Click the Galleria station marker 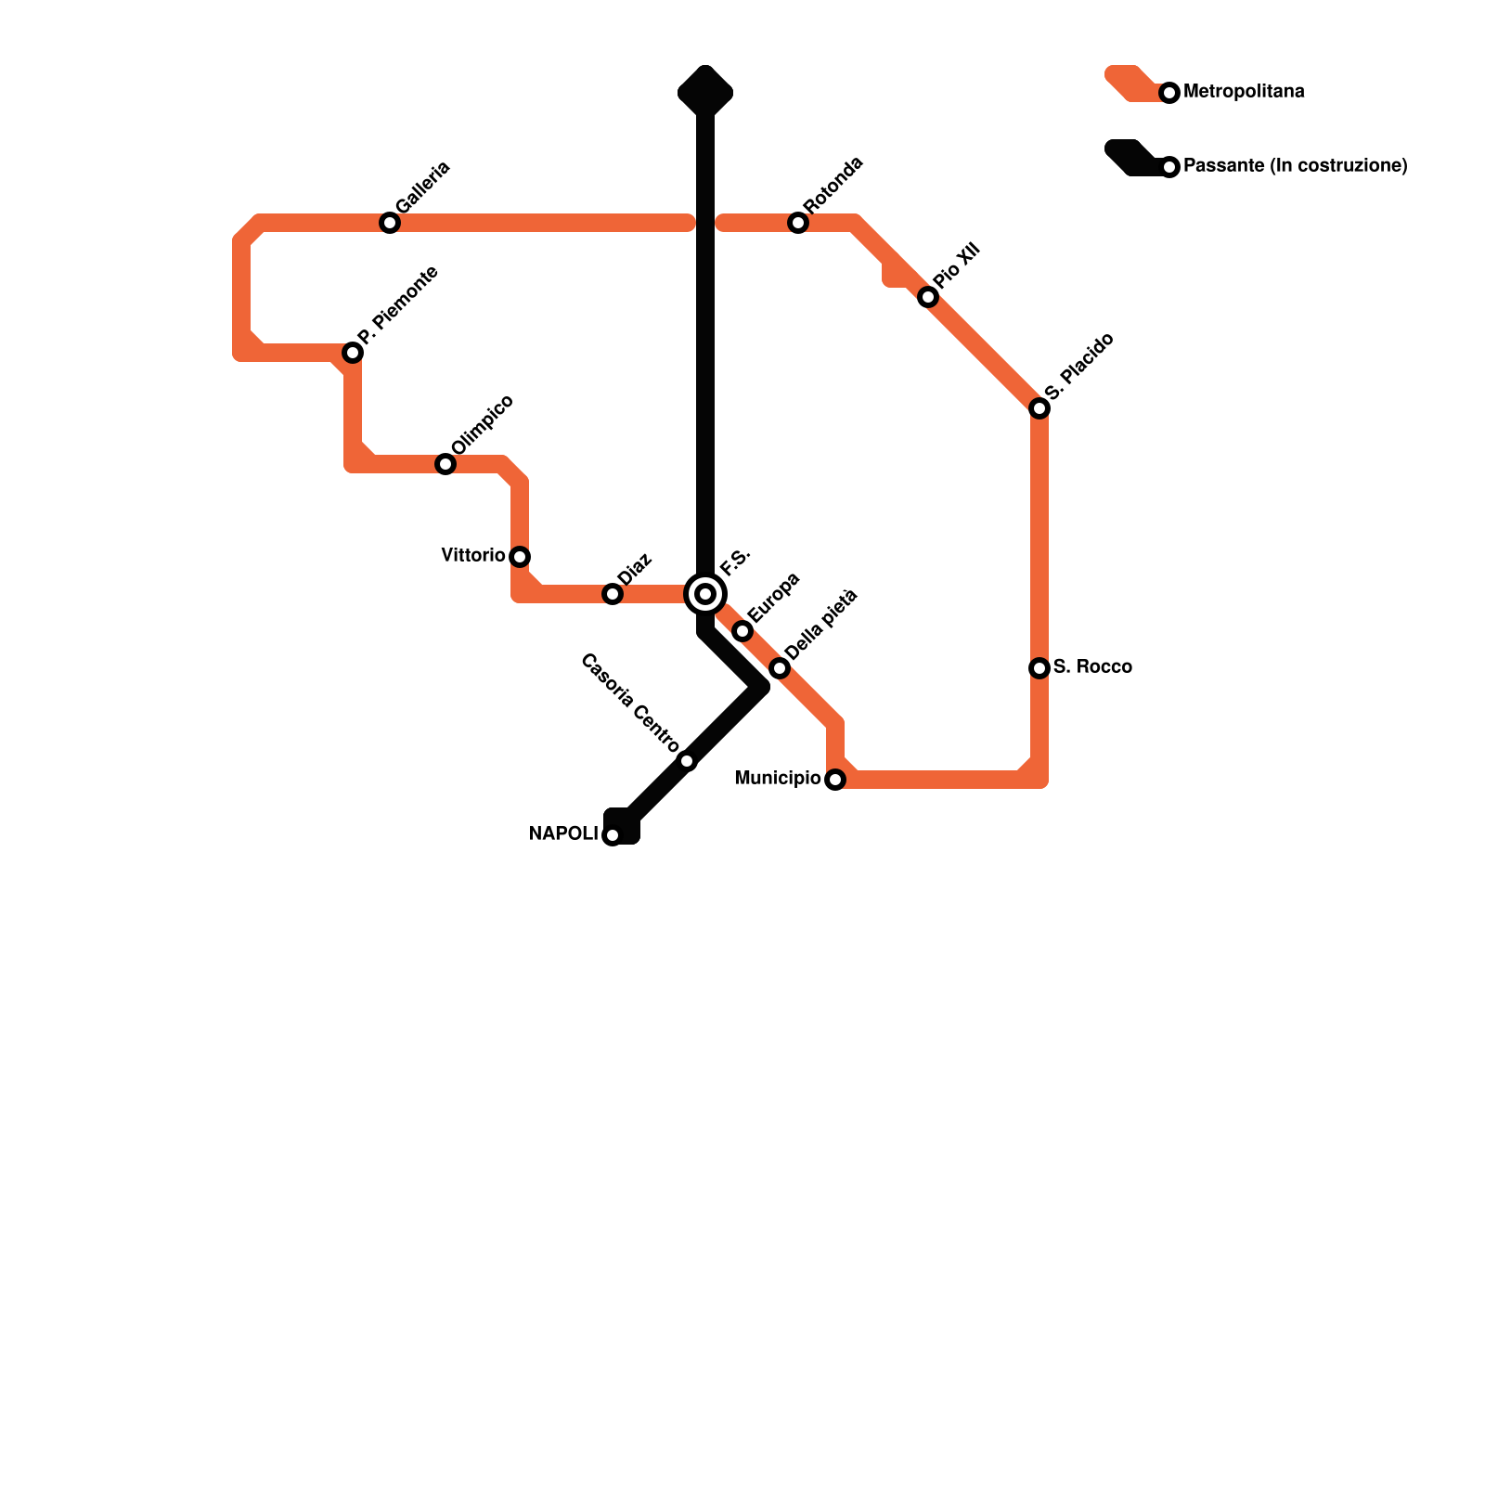(x=390, y=223)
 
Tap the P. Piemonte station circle (x=353, y=353)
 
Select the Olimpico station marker (x=445, y=464)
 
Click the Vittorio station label (x=472, y=556)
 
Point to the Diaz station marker (x=613, y=594)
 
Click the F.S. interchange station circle (x=705, y=594)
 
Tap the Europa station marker (x=742, y=631)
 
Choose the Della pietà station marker (x=780, y=668)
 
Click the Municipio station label (x=777, y=779)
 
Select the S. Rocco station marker (x=1039, y=668)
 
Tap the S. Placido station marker (x=1039, y=408)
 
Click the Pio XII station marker (x=928, y=297)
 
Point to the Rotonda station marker (x=798, y=223)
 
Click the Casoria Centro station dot (x=687, y=761)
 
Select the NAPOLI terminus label (x=563, y=834)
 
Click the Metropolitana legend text (x=1244, y=92)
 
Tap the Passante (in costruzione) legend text (x=1296, y=166)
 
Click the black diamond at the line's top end (x=705, y=91)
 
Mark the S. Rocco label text (x=1092, y=667)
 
